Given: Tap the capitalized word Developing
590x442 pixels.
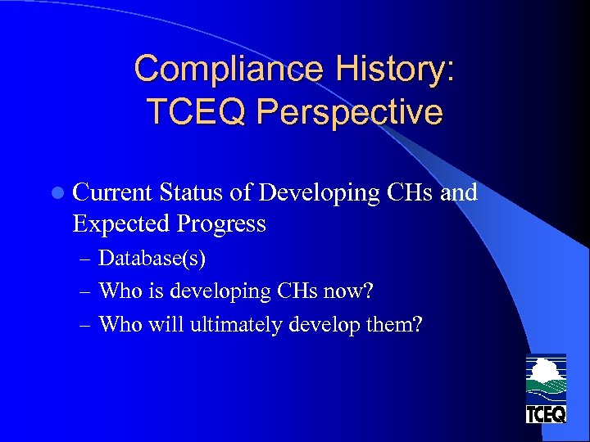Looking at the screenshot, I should point(319,193).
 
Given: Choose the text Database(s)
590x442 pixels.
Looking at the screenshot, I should point(152,259).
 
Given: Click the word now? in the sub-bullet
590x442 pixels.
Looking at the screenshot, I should point(361,291).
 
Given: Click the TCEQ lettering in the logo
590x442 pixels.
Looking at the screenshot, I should point(546,414).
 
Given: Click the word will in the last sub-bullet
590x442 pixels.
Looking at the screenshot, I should point(168,324).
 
